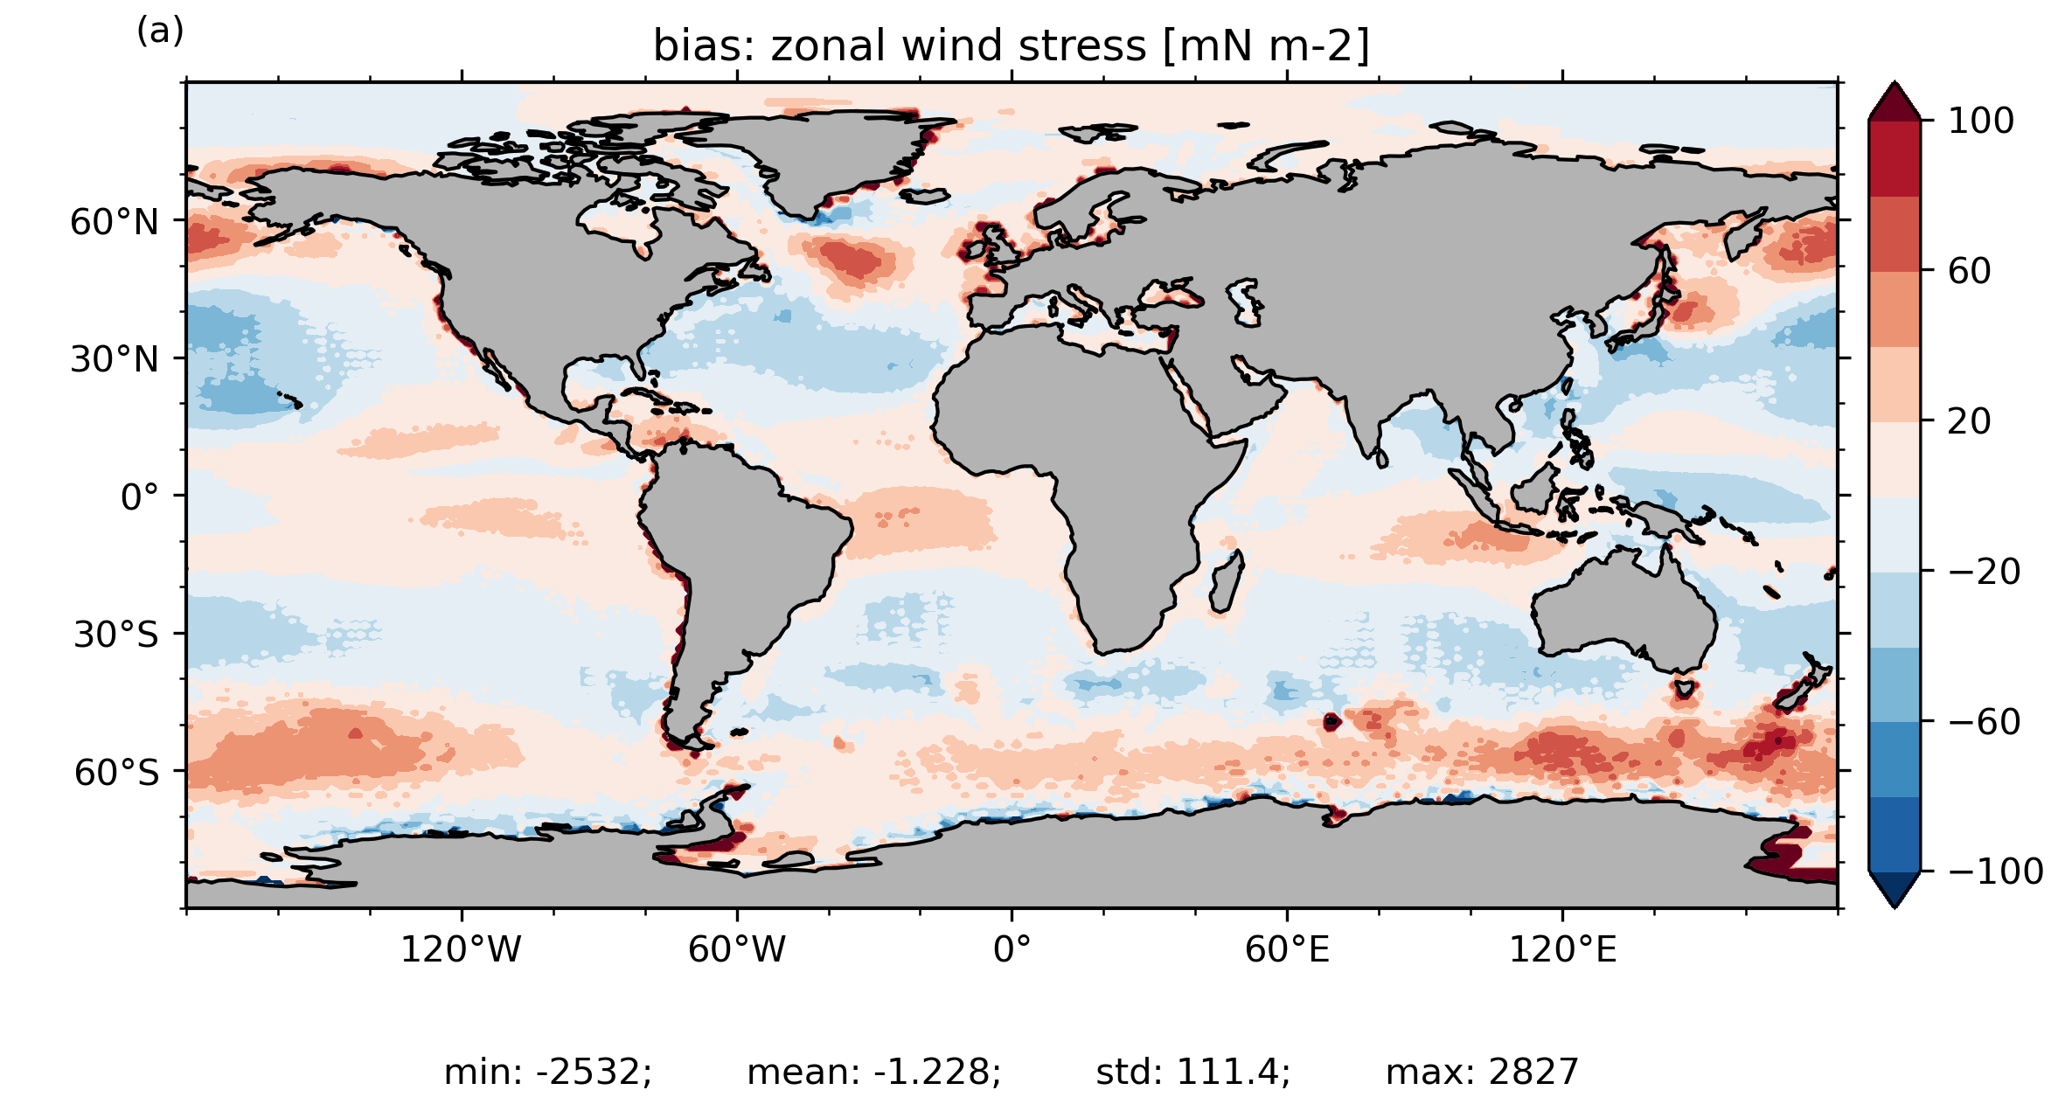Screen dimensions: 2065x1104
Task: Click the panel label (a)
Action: pos(160,31)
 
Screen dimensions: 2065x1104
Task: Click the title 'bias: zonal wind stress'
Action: pos(899,45)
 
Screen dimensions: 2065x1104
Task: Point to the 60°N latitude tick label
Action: pos(115,222)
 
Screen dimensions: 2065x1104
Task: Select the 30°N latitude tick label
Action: pos(115,359)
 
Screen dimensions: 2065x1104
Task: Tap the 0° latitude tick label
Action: pos(140,497)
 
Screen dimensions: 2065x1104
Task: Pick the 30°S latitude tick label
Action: pos(115,635)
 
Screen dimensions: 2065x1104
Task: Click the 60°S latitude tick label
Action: pos(116,773)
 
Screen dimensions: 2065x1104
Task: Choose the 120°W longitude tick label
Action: pos(461,948)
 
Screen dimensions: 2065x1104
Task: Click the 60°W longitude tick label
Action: pos(737,948)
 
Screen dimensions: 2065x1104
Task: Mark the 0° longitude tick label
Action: pos(1012,948)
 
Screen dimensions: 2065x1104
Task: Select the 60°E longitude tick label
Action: pos(1287,948)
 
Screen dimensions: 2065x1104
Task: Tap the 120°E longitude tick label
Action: pos(1562,948)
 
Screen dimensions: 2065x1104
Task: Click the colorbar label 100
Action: pos(1981,121)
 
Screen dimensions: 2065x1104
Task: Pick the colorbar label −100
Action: pos(1996,871)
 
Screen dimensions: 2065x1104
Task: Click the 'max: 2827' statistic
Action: pos(1483,1072)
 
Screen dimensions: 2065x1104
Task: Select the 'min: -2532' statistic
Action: pos(548,1072)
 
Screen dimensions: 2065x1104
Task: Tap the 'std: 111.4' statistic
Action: pos(1193,1072)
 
